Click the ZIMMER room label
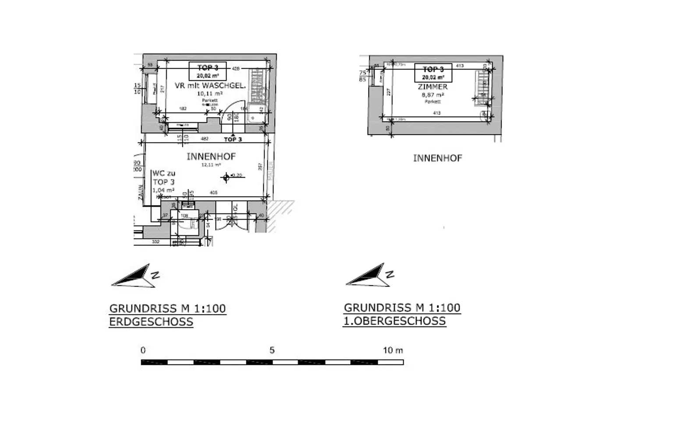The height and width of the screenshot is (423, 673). [x=432, y=87]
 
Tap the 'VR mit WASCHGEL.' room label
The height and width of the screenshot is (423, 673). [x=210, y=86]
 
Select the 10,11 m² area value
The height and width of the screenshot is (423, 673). [x=210, y=94]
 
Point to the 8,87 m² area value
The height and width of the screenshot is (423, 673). [x=432, y=95]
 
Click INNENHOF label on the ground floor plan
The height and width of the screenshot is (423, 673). [x=211, y=156]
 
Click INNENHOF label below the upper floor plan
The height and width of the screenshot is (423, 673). [x=437, y=158]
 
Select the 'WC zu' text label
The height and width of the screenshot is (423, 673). [x=163, y=174]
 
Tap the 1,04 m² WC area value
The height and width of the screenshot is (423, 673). [x=163, y=190]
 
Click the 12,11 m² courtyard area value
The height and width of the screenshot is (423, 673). [x=211, y=165]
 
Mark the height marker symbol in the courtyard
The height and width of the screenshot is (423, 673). [x=227, y=177]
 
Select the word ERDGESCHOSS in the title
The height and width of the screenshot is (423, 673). [x=151, y=322]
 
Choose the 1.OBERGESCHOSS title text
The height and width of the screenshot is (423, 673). [x=394, y=321]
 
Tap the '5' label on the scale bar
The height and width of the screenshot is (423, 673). [x=272, y=350]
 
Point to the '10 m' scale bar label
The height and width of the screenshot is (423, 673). [x=393, y=350]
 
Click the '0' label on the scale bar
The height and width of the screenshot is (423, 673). [x=143, y=350]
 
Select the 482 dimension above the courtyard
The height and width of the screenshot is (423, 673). [x=204, y=139]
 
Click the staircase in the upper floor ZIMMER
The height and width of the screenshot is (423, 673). [x=482, y=87]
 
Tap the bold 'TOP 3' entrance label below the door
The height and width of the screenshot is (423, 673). [x=233, y=140]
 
